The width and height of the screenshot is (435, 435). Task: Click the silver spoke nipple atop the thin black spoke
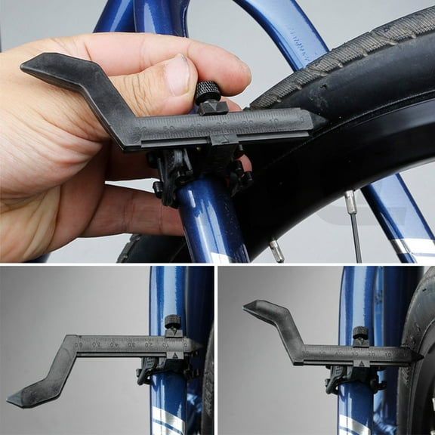coord(350,202)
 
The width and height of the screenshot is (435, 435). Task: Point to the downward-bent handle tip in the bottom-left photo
coord(23,399)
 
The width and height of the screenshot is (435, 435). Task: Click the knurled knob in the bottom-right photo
coord(360,333)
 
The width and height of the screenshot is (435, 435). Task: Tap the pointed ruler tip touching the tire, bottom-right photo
coord(415,353)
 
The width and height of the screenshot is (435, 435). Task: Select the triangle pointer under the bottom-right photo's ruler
coord(360,363)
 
